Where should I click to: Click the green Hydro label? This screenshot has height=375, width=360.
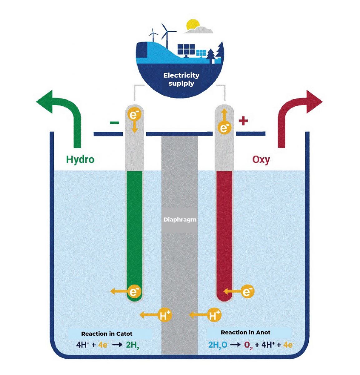pos(80,159)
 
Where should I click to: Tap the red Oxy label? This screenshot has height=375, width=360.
pos(261,159)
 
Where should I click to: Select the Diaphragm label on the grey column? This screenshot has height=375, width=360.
pos(180,219)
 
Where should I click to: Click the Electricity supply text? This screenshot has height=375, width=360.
pos(181,79)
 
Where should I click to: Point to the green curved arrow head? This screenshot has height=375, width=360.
pos(47,101)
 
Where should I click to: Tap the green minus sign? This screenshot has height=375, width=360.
pos(114,122)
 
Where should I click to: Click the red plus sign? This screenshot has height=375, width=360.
pos(243,121)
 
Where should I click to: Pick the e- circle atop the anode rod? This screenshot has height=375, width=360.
pos(224,127)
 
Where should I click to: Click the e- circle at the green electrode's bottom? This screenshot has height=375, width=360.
pos(134,292)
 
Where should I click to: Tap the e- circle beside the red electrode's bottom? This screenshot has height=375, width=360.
pos(247,292)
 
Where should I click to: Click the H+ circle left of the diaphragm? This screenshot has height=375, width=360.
pos(165,315)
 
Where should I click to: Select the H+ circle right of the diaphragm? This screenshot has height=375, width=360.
pos(214,315)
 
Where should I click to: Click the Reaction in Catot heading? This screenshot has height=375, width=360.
pos(107,334)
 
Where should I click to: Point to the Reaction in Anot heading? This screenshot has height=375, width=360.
pos(245,332)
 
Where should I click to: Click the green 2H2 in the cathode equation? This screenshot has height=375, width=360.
pos(132,345)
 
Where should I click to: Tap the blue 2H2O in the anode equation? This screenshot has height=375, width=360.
pos(218,345)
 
